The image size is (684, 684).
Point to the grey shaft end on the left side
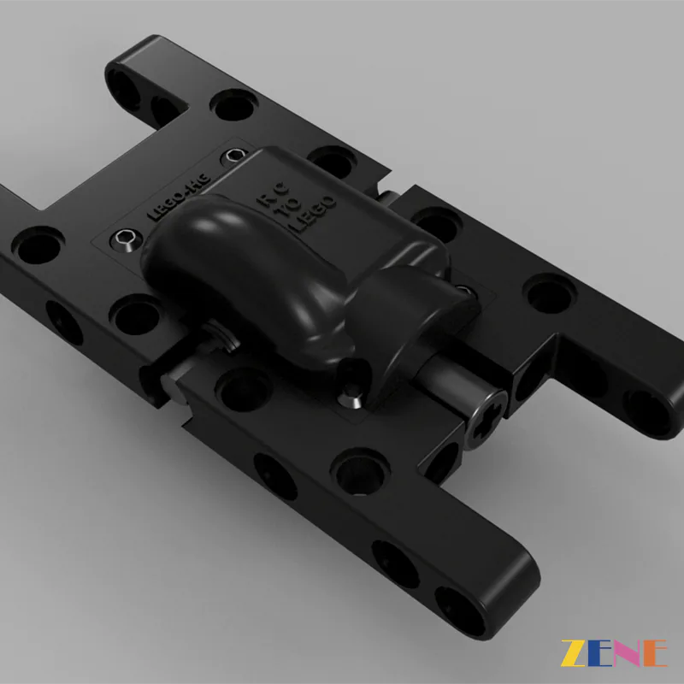(176, 389)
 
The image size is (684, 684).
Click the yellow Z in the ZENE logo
(575, 653)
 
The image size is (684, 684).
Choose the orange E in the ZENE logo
(656, 653)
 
